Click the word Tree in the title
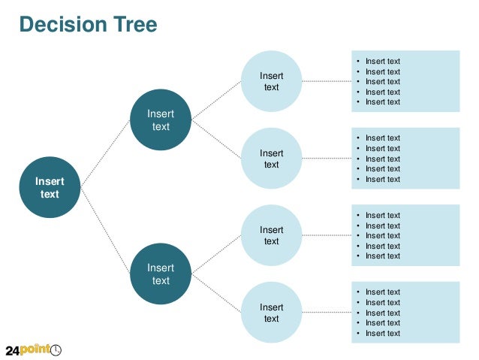click(x=136, y=25)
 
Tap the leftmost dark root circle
click(x=50, y=187)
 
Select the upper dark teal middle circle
click(x=161, y=119)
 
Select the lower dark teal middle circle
click(x=161, y=274)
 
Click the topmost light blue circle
click(x=272, y=81)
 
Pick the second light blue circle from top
click(x=272, y=158)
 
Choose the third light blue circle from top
click(x=272, y=235)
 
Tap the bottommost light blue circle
click(x=272, y=313)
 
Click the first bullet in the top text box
click(x=382, y=62)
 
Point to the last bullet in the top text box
click(x=382, y=102)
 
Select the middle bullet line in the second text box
click(x=382, y=159)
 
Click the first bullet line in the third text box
click(x=382, y=216)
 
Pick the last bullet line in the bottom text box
click(x=382, y=333)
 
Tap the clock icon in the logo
click(x=56, y=349)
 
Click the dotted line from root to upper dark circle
click(x=105, y=153)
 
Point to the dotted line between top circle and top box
click(x=327, y=81)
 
